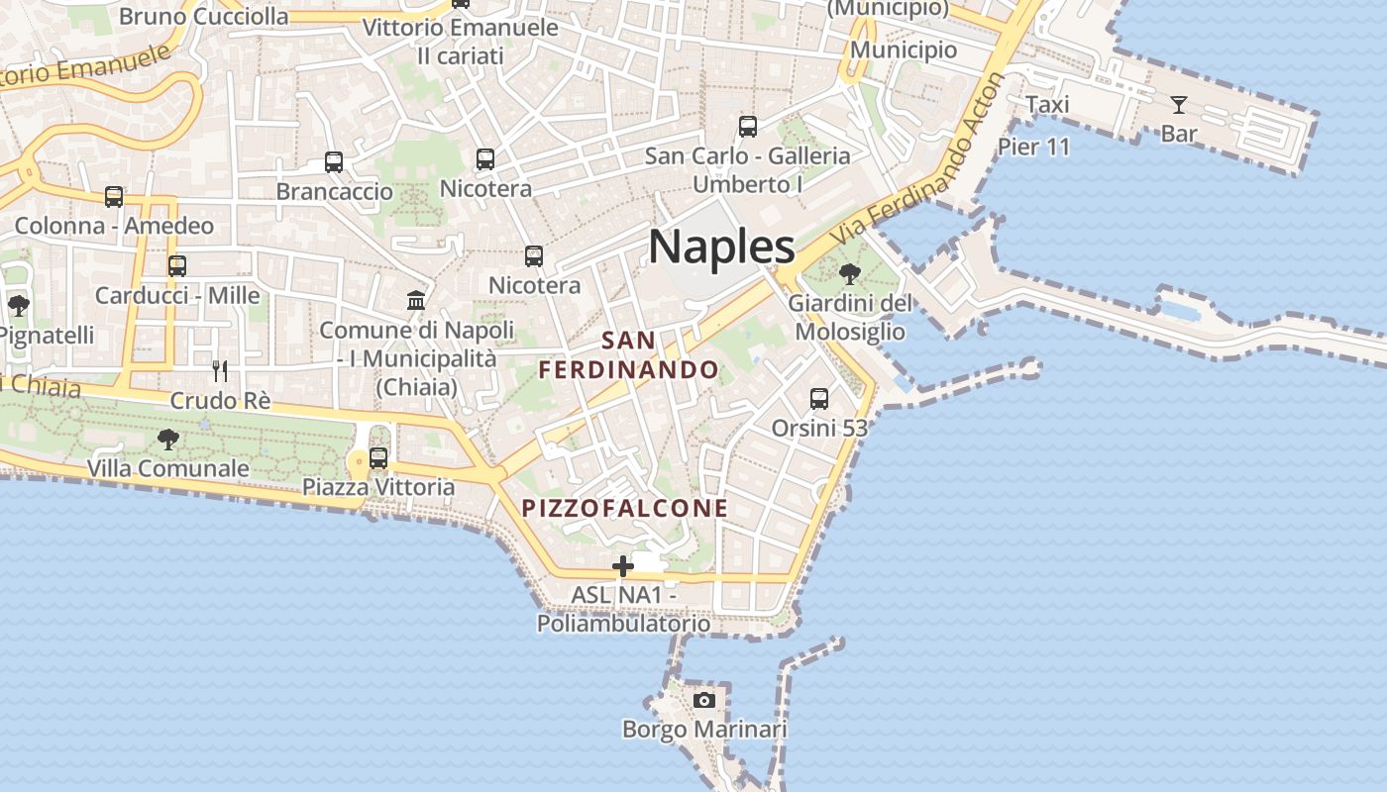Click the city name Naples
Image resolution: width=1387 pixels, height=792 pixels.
pyautogui.click(x=721, y=247)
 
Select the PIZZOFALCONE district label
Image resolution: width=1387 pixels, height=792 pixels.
pyautogui.click(x=625, y=509)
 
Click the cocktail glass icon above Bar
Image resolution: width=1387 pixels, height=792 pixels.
pyautogui.click(x=1178, y=104)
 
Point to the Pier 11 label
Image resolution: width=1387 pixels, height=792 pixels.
pyautogui.click(x=1034, y=148)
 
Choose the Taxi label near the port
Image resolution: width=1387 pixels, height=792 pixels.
pyautogui.click(x=1047, y=105)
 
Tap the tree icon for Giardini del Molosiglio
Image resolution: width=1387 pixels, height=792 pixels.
pyautogui.click(x=849, y=273)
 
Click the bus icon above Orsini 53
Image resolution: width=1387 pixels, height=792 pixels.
pyautogui.click(x=819, y=399)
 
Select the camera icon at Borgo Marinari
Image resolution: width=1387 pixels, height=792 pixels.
pyautogui.click(x=704, y=700)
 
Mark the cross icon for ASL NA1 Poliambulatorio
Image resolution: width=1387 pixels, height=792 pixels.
pyautogui.click(x=623, y=566)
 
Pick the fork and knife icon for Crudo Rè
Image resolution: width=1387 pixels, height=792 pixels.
pyautogui.click(x=220, y=371)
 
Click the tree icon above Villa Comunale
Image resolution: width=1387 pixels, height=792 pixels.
pyautogui.click(x=168, y=439)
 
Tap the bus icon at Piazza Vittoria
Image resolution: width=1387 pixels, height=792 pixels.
pyautogui.click(x=378, y=458)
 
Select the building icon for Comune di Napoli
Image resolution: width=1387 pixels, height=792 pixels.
pyautogui.click(x=416, y=300)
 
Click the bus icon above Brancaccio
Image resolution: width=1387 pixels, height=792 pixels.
pyautogui.click(x=334, y=161)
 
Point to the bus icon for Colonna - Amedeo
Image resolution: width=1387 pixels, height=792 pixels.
pyautogui.click(x=114, y=197)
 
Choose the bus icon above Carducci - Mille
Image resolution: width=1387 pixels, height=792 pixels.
pyautogui.click(x=177, y=266)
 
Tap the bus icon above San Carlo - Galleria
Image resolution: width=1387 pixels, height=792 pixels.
pyautogui.click(x=748, y=127)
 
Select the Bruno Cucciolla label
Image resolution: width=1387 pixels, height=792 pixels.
pyautogui.click(x=204, y=17)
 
